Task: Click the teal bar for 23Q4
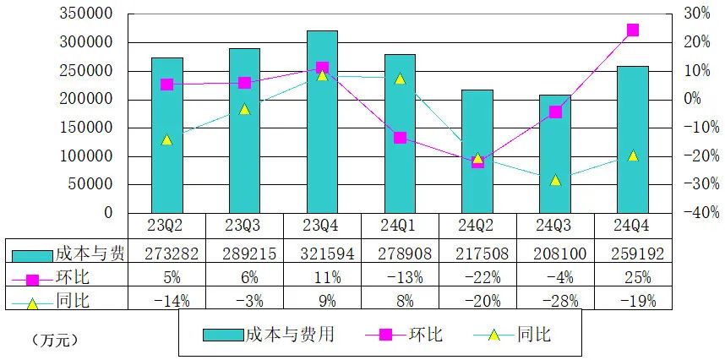tap(322, 123)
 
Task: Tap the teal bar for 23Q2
tap(166, 135)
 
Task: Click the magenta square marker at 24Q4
tap(633, 30)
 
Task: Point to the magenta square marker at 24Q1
tap(400, 138)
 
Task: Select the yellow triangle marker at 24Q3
tap(555, 180)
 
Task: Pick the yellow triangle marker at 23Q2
tap(166, 139)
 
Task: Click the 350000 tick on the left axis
tap(89, 14)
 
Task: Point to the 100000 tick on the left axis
tap(89, 156)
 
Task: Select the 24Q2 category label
tap(477, 226)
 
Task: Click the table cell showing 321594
tap(322, 253)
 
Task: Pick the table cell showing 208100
tap(555, 253)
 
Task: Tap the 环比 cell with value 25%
tap(633, 276)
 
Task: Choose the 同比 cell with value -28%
tap(555, 299)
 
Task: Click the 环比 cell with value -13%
tap(400, 276)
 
